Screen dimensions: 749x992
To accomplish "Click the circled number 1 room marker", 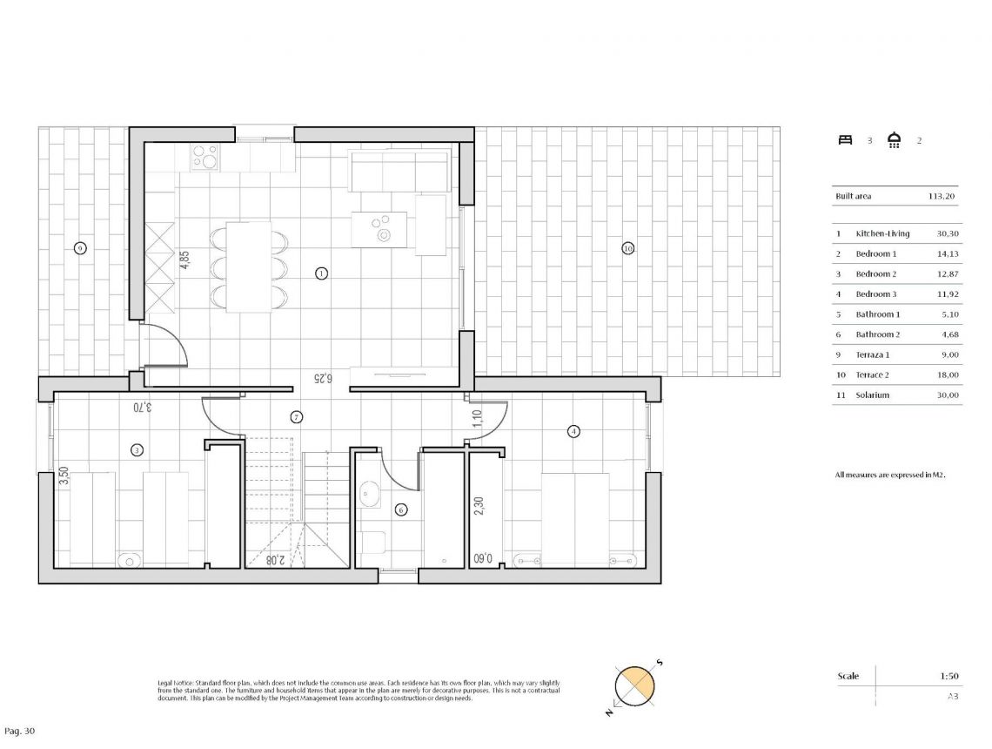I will (x=321, y=273).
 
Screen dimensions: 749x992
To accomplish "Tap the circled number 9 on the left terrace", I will (x=80, y=248).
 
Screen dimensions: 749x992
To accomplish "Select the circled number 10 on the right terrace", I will (x=627, y=248).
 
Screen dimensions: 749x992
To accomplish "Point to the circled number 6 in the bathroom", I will (x=401, y=510).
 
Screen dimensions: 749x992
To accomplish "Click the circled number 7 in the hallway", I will (x=297, y=417).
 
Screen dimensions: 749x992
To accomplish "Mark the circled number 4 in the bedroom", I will (x=573, y=431).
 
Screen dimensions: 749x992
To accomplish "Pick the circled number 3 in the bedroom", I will (x=137, y=450).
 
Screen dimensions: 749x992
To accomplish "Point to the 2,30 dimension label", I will (x=478, y=507).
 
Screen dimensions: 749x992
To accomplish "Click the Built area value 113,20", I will (x=942, y=197).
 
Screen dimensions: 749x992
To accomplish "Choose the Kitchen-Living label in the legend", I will (x=882, y=233).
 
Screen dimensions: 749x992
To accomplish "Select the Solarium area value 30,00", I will (x=947, y=395).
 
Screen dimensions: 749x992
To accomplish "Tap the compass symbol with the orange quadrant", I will (x=634, y=686).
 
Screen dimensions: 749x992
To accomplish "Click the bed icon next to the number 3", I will (x=844, y=140).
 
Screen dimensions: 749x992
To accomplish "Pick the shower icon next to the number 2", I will (x=894, y=140).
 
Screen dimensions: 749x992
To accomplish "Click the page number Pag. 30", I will (x=20, y=731).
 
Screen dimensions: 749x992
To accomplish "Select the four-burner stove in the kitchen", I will (x=205, y=157).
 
